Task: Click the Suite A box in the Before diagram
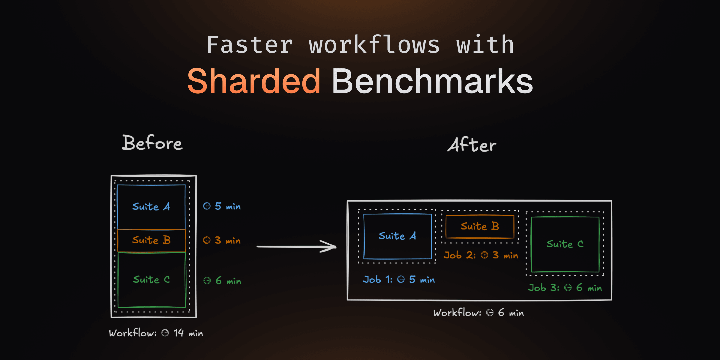pyautogui.click(x=151, y=207)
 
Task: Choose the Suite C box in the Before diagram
pyautogui.click(x=151, y=280)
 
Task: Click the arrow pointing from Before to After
pyautogui.click(x=296, y=247)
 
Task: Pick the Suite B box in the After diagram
pyautogui.click(x=480, y=226)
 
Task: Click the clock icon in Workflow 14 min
pyautogui.click(x=165, y=333)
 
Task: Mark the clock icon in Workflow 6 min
pyautogui.click(x=490, y=313)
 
